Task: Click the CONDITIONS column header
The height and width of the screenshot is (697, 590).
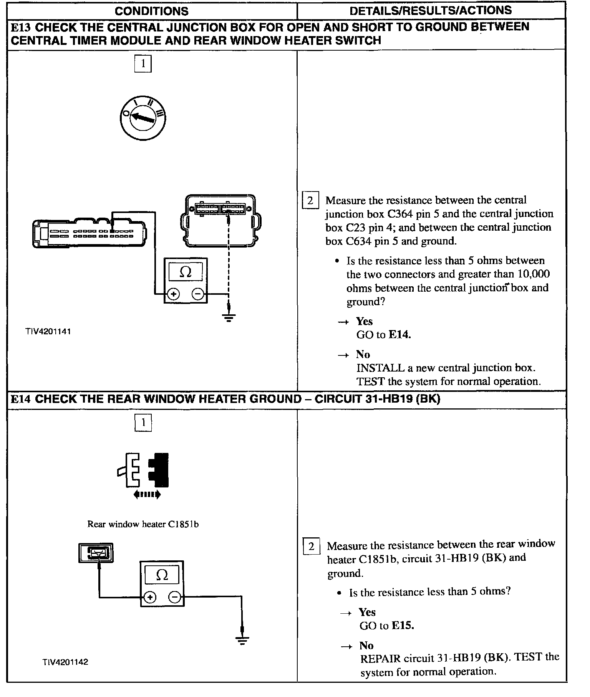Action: click(152, 11)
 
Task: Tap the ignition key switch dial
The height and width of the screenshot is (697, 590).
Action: click(143, 117)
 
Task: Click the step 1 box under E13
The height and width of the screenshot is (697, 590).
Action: click(143, 64)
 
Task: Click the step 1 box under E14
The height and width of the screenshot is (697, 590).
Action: click(143, 423)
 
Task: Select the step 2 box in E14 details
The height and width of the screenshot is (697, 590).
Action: click(312, 546)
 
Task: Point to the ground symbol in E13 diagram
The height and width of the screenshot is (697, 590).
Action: click(229, 317)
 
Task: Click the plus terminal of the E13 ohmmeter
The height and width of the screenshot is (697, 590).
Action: click(174, 294)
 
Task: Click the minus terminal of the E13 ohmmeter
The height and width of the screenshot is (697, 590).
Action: click(197, 294)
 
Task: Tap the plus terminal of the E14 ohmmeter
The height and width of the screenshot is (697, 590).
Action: click(150, 598)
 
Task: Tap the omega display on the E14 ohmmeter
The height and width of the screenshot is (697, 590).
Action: click(162, 575)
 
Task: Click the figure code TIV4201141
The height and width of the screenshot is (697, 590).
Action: click(48, 332)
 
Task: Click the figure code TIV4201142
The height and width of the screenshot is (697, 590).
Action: click(65, 662)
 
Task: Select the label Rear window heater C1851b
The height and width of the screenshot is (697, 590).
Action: click(143, 524)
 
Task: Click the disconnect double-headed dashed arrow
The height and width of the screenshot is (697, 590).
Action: click(147, 495)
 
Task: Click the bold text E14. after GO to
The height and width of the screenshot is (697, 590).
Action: click(399, 335)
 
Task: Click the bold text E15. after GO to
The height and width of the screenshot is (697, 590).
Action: click(403, 626)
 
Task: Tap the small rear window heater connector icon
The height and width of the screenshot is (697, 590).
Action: click(96, 553)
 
